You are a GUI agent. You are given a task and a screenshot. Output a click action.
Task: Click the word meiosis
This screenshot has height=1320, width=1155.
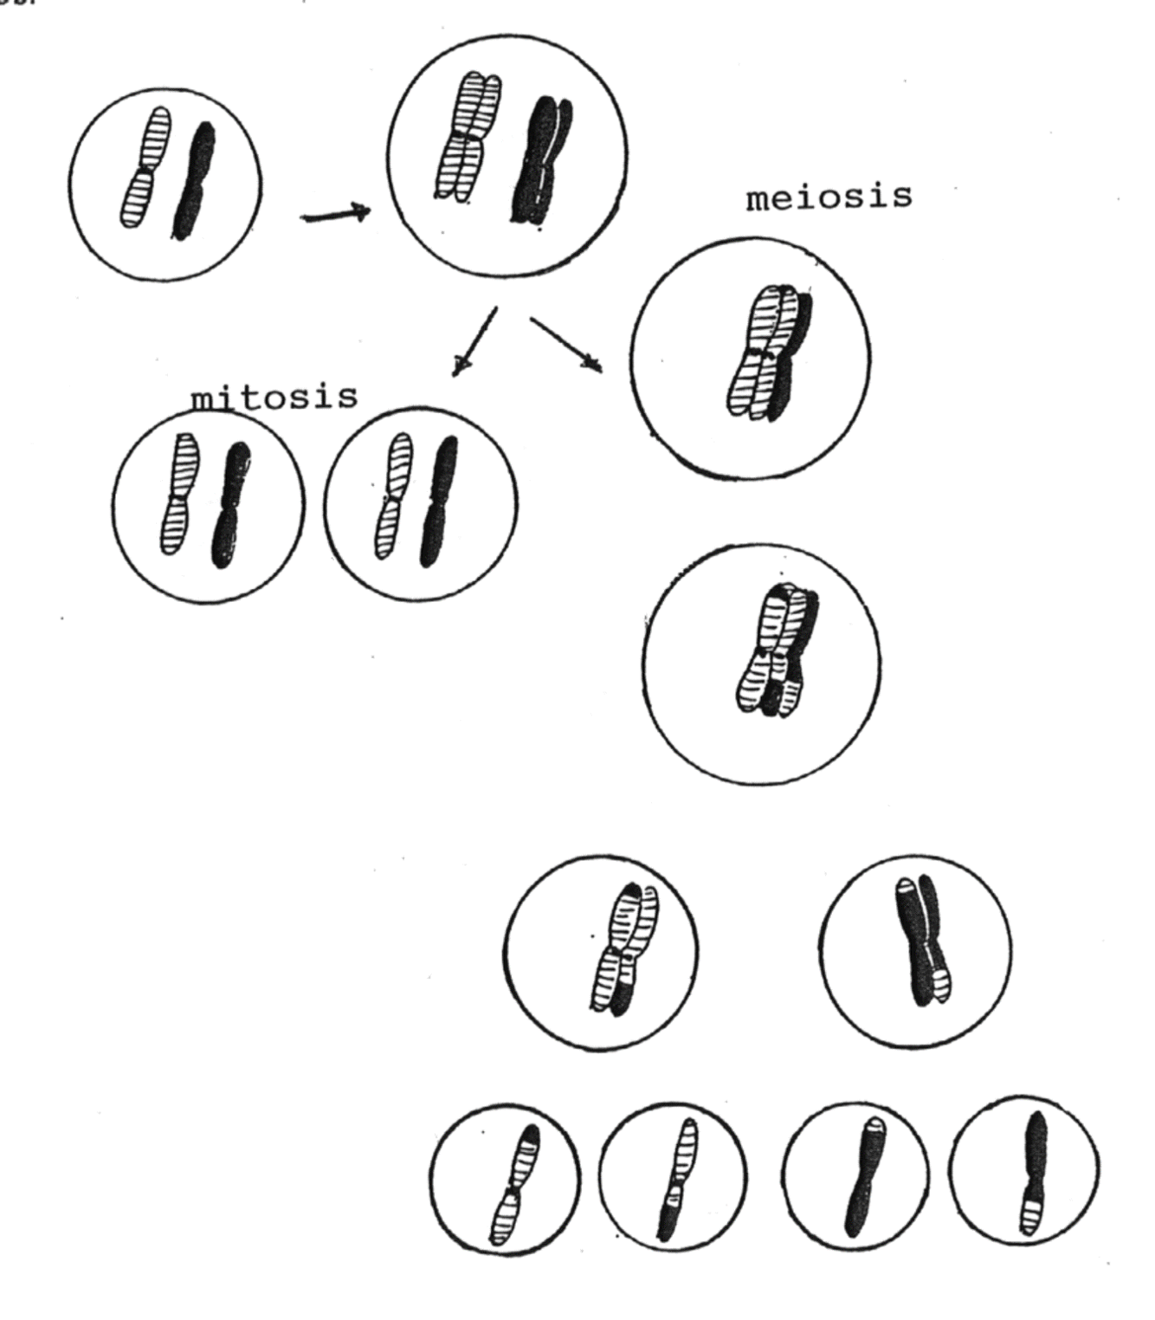829,197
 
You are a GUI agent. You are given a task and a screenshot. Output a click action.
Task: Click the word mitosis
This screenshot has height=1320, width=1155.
274,396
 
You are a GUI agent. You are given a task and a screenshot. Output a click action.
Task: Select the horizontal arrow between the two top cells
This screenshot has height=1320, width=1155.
335,214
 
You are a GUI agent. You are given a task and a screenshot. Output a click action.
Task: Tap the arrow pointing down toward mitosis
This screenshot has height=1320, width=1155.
474,341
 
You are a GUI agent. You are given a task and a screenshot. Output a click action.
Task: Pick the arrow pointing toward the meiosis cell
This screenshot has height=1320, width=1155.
566,344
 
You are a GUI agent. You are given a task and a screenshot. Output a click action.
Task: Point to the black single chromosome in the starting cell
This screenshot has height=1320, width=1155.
194,181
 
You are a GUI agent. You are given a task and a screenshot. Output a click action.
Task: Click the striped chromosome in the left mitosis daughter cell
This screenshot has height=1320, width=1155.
178,494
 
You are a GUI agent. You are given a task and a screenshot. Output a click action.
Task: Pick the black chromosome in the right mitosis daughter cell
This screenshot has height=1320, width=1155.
437,501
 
